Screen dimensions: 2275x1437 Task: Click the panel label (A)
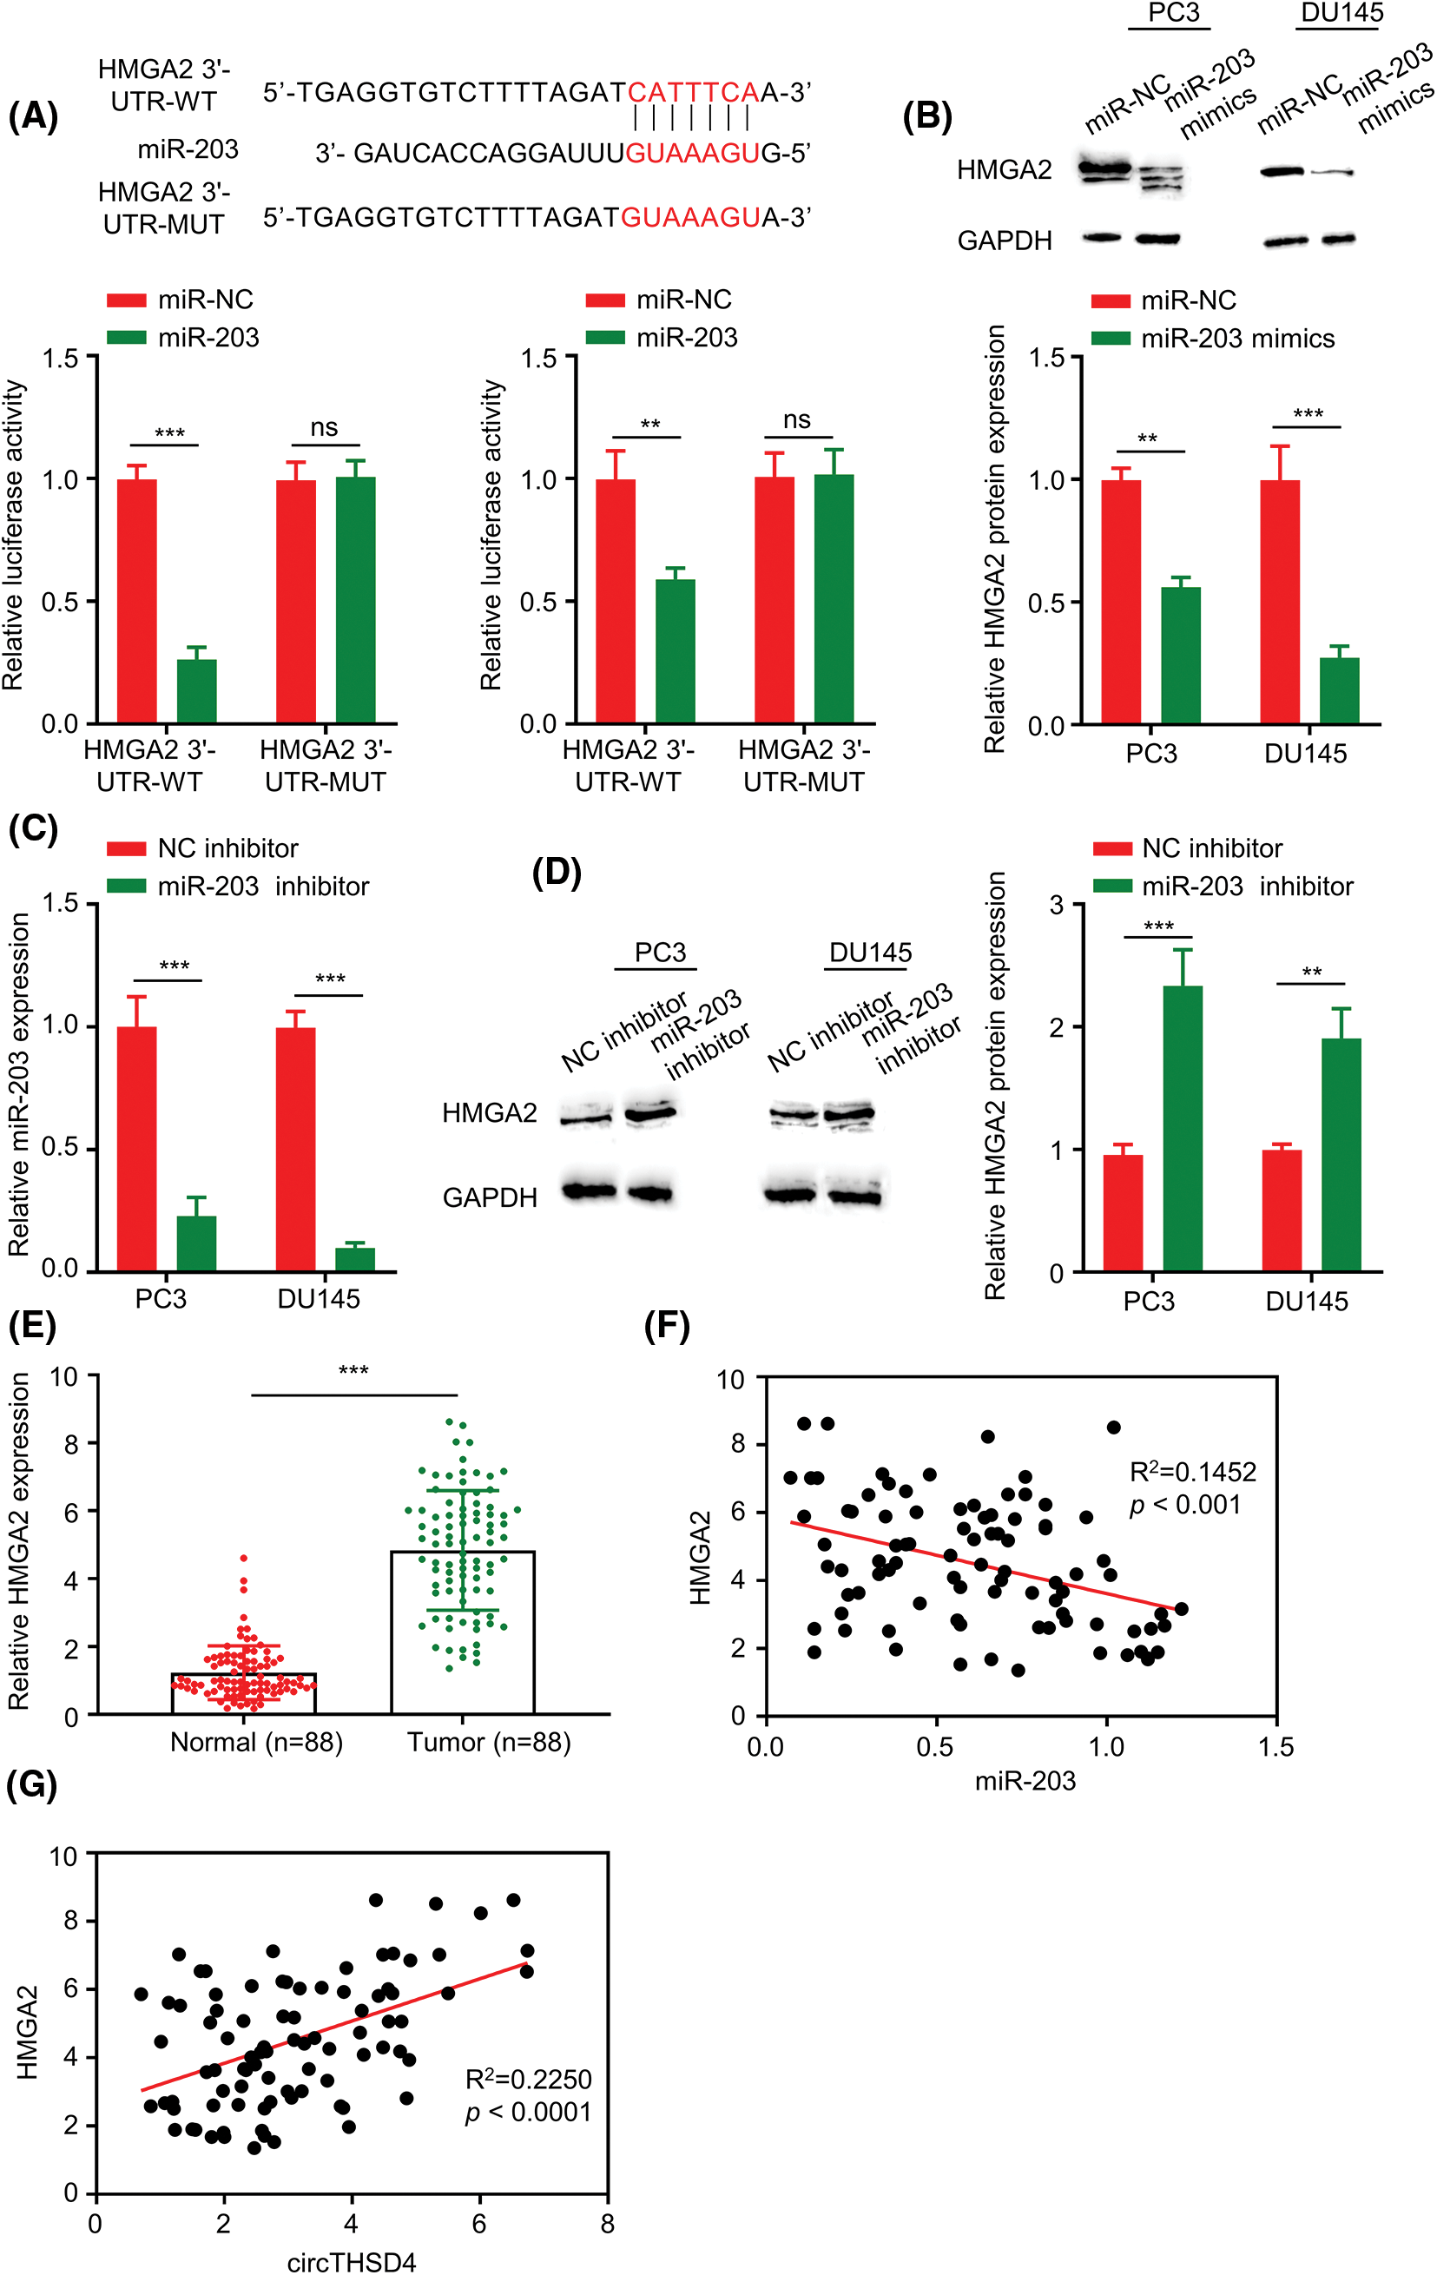point(33,116)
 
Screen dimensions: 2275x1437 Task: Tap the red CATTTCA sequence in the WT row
point(693,93)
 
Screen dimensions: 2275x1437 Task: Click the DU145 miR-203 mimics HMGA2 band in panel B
point(1332,172)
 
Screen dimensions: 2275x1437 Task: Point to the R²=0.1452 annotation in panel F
point(1192,1472)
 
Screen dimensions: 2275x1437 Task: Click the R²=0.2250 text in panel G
point(528,2080)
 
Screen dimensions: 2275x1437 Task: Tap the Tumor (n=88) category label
point(489,1742)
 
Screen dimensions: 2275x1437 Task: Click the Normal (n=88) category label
point(256,1742)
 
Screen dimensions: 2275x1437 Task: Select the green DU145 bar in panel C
point(355,1258)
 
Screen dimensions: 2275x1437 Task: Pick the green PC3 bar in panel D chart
point(1182,1128)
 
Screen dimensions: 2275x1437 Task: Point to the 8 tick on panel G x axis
point(608,2224)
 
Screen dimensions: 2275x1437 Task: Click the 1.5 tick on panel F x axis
point(1276,1747)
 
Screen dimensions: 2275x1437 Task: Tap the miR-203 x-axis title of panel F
point(1025,1781)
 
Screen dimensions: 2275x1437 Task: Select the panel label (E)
point(32,1326)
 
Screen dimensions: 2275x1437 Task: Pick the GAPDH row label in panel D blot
point(490,1198)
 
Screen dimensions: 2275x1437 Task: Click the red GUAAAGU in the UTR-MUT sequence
point(689,217)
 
